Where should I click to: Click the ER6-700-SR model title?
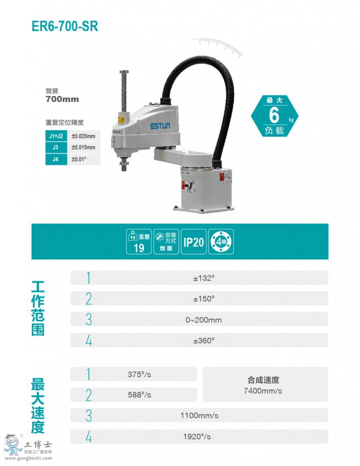click(65, 26)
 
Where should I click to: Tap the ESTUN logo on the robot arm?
click(160, 126)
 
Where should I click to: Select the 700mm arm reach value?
click(62, 99)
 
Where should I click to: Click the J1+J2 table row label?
click(56, 136)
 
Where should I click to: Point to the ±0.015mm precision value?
click(83, 147)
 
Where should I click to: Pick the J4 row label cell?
click(56, 159)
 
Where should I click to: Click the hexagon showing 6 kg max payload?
click(275, 116)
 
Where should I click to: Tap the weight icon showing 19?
click(139, 242)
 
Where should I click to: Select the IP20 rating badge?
click(194, 242)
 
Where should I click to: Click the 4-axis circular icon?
click(221, 242)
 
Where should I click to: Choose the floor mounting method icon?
click(166, 242)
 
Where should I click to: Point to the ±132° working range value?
click(204, 278)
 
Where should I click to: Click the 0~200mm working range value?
click(204, 320)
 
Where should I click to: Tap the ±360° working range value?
click(204, 341)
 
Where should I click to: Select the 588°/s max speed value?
click(140, 395)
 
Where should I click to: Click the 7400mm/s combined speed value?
click(263, 391)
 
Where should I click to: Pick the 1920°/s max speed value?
click(197, 436)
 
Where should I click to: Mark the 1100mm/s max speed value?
click(199, 416)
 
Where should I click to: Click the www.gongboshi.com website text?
click(28, 458)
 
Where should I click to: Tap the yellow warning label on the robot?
click(121, 120)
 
